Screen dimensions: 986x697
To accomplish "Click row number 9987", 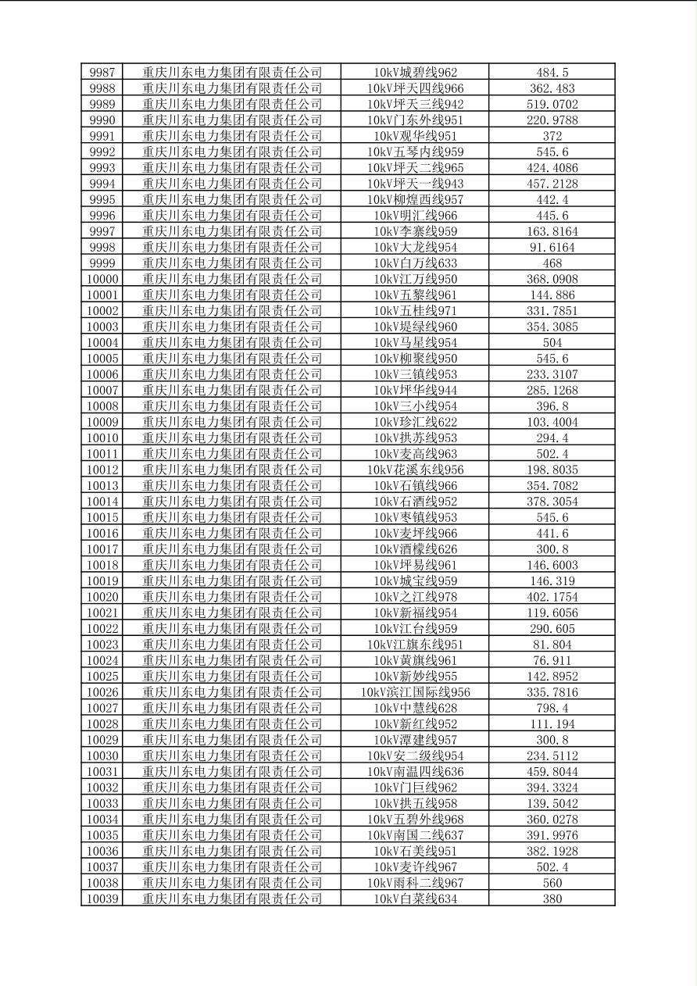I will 102,73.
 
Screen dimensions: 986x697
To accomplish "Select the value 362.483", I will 552,88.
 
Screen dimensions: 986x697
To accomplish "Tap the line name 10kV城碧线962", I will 415,73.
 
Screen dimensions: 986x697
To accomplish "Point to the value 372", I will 552,136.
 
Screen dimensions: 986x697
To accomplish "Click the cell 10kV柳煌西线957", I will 415,199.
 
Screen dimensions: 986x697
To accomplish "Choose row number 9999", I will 102,263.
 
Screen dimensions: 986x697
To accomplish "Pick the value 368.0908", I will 552,279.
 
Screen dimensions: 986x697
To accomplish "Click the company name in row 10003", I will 232,327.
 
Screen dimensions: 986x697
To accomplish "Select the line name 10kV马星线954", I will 415,342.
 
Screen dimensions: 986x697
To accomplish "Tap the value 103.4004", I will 552,422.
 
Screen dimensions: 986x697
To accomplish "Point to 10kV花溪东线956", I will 415,470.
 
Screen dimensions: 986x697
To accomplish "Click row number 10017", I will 102,549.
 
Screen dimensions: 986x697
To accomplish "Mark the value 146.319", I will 552,581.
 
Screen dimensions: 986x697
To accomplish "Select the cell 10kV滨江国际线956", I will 415,692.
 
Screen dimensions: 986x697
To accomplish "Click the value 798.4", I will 552,708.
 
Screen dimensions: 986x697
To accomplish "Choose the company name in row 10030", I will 232,756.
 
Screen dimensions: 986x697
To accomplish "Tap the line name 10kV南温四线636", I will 415,771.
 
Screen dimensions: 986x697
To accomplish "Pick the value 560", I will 552,883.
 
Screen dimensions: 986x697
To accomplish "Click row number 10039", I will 102,898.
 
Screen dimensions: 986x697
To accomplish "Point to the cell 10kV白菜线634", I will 415,898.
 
